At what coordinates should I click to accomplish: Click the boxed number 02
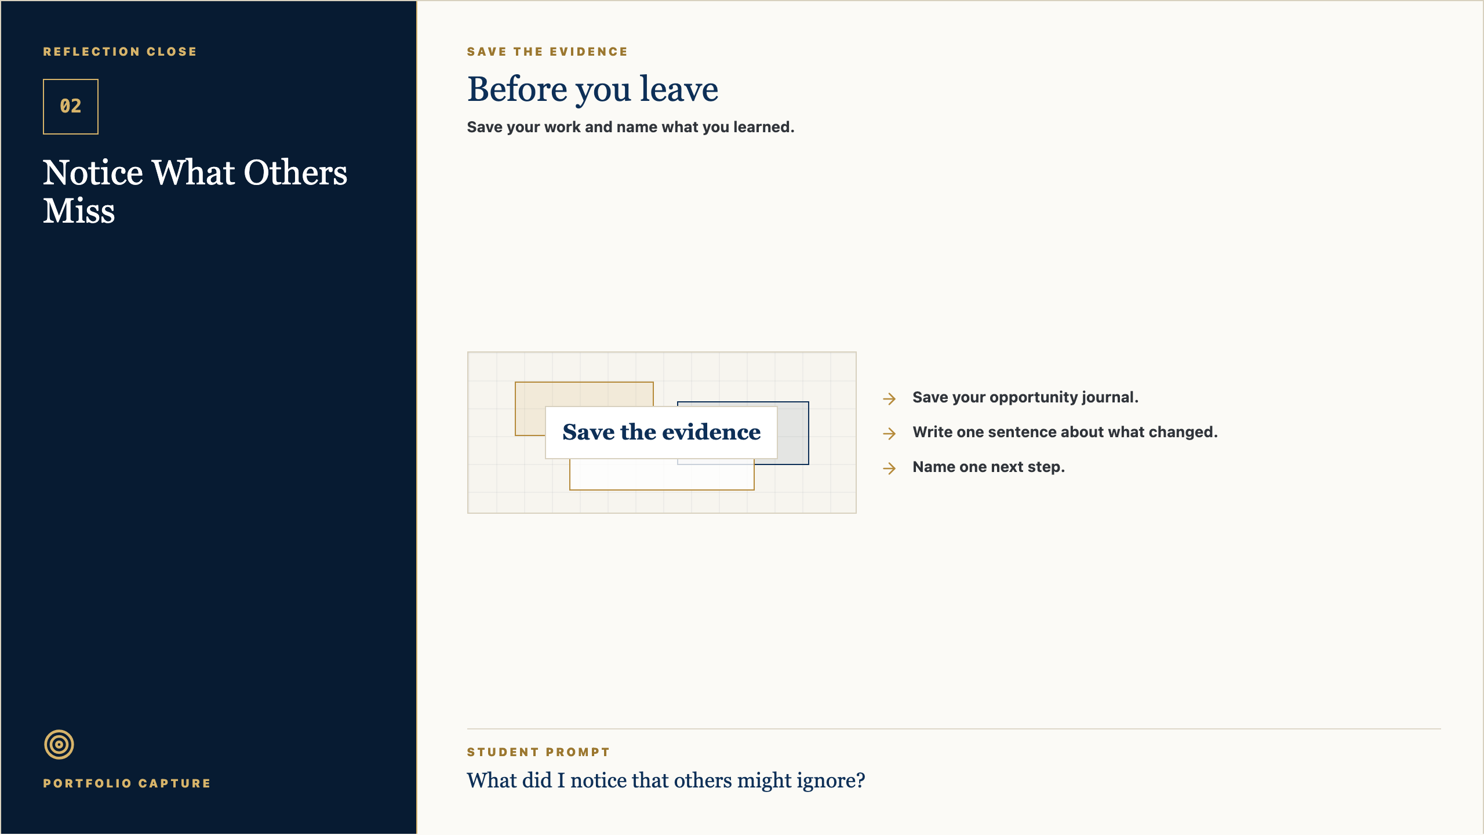click(x=71, y=107)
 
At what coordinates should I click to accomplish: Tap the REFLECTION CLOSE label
click(x=120, y=52)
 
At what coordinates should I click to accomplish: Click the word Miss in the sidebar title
click(x=79, y=210)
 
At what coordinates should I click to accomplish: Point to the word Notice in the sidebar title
click(x=93, y=173)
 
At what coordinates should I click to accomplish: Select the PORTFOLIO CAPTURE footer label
click(x=127, y=783)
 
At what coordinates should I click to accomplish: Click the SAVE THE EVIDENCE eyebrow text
click(x=547, y=52)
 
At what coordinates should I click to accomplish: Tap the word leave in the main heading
click(x=679, y=89)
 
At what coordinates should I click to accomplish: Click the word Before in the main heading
click(x=517, y=89)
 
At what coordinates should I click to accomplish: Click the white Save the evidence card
click(x=661, y=433)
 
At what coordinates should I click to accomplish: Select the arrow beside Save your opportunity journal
click(x=889, y=399)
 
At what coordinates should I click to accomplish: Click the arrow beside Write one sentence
click(x=889, y=434)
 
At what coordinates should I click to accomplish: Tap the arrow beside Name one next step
click(x=889, y=469)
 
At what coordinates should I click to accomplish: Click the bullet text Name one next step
click(x=988, y=467)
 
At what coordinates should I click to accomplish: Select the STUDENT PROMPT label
click(x=539, y=752)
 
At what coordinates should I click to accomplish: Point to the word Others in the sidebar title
click(x=296, y=173)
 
